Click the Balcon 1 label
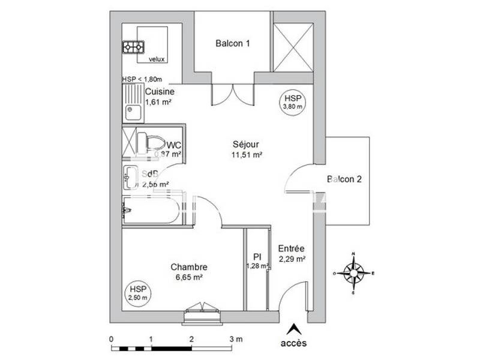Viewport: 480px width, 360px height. point(233,43)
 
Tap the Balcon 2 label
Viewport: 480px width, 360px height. point(344,179)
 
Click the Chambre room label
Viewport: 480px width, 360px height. point(188,267)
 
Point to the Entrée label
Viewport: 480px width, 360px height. point(292,248)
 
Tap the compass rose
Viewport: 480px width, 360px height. point(353,274)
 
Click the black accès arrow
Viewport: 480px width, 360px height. point(293,329)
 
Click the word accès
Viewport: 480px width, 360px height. point(293,343)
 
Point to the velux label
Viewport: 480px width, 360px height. point(157,59)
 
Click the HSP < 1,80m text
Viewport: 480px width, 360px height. point(142,79)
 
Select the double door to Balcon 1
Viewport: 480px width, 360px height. point(233,94)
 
